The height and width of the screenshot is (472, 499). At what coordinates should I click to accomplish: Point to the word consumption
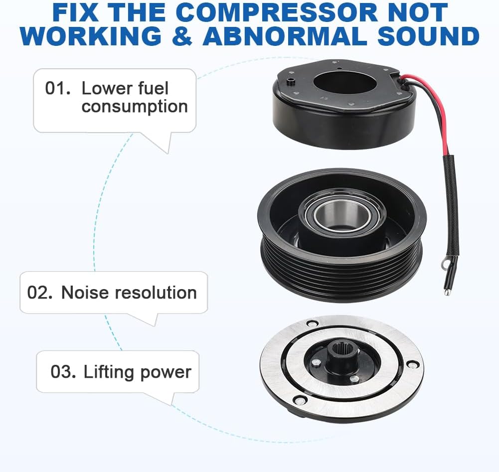[135, 106]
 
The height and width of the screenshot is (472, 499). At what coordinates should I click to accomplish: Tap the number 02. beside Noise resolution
[40, 293]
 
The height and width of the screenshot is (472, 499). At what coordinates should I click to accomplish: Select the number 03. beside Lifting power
[63, 372]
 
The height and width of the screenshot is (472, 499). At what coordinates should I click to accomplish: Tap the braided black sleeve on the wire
[452, 199]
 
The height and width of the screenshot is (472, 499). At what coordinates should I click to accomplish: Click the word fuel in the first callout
[152, 89]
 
